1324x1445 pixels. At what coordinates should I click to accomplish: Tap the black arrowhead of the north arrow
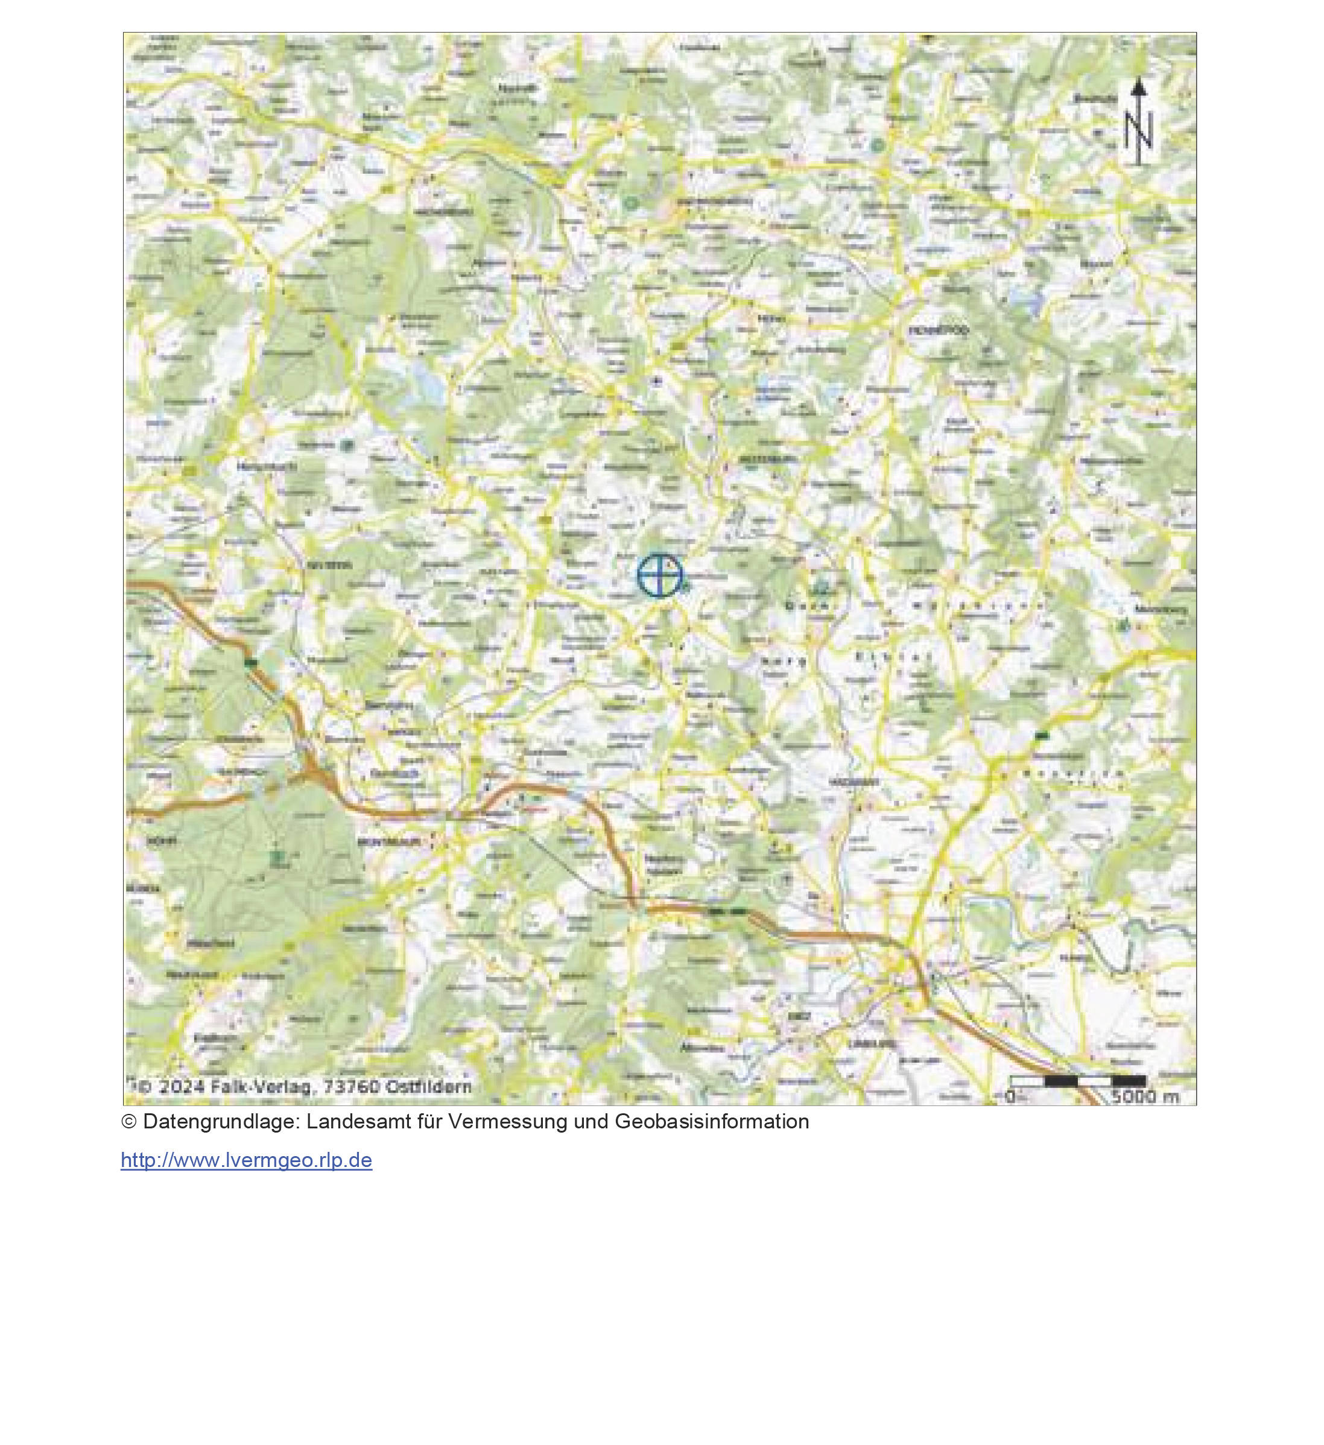[x=1138, y=88]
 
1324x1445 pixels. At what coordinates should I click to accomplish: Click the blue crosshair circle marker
[x=659, y=575]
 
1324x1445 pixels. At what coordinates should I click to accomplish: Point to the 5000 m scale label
[x=1145, y=1096]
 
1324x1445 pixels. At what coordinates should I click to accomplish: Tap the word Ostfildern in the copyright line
[x=429, y=1087]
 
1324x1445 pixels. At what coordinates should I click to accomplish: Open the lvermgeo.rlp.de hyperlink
[x=246, y=1160]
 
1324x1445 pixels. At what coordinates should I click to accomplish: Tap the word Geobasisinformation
[x=711, y=1122]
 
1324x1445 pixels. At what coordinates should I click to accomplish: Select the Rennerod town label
[x=939, y=330]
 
